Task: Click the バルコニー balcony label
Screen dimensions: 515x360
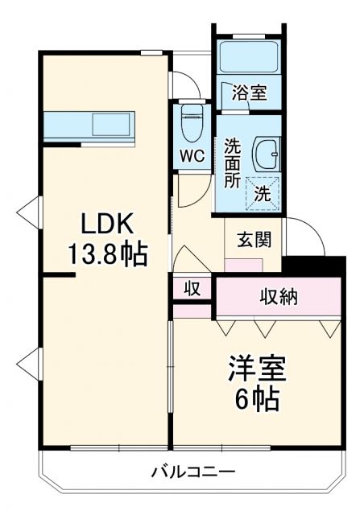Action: point(193,472)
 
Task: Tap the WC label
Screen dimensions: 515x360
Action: point(192,154)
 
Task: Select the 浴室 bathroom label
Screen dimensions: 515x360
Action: point(248,92)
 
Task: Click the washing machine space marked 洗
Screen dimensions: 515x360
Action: point(263,193)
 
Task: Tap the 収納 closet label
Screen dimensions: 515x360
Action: point(278,296)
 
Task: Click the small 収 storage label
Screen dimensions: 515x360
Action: point(192,287)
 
